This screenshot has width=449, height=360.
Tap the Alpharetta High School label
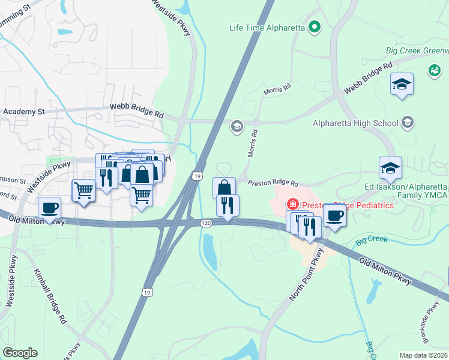tap(355, 124)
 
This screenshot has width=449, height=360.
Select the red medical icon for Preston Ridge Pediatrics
tap(293, 205)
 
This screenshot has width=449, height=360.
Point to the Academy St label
tap(24, 112)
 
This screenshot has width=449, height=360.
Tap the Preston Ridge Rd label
tap(273, 183)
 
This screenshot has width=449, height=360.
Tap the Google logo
tap(20, 353)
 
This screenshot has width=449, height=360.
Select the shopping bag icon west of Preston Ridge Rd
tap(224, 187)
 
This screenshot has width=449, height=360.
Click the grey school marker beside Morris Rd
tap(237, 125)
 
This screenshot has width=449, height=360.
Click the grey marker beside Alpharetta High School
tap(408, 123)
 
